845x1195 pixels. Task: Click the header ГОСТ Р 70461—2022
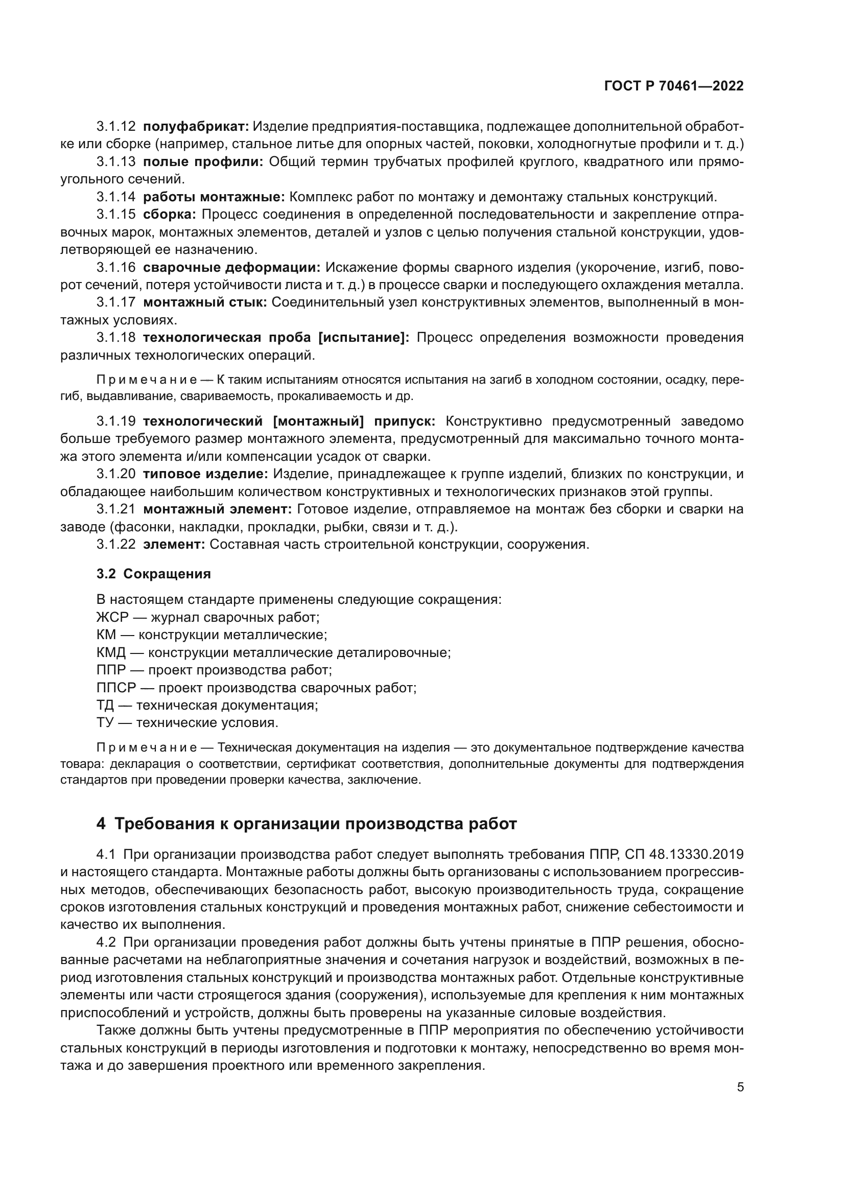674,86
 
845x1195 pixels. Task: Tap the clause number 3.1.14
116,197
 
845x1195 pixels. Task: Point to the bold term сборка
169,215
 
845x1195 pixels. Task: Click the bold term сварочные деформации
231,268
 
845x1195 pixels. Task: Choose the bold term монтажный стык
205,302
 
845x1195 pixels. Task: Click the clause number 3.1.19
116,421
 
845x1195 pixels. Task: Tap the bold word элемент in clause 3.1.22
174,545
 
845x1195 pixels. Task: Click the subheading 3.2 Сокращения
153,574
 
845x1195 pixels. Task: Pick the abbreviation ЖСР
112,618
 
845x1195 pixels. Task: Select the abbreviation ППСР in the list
116,688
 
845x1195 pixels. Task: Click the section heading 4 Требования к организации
307,824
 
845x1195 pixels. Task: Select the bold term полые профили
203,162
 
